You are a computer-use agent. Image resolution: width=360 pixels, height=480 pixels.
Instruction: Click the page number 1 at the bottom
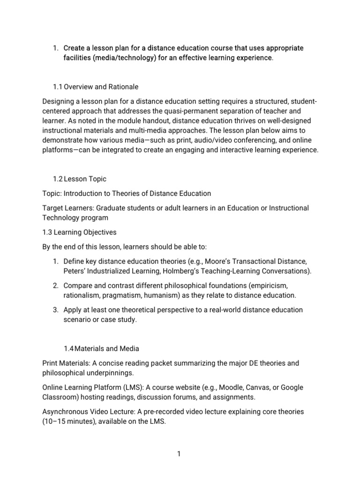[179, 453]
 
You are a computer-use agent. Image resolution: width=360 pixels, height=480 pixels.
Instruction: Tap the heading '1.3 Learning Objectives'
[79, 232]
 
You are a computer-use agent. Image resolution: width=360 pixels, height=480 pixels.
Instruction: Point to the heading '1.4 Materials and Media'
[101, 348]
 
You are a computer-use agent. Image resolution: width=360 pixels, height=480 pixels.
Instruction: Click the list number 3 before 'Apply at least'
[55, 310]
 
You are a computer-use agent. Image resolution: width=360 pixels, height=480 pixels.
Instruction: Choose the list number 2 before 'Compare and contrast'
[55, 285]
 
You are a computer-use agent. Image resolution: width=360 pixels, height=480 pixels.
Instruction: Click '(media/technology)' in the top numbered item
[126, 58]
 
